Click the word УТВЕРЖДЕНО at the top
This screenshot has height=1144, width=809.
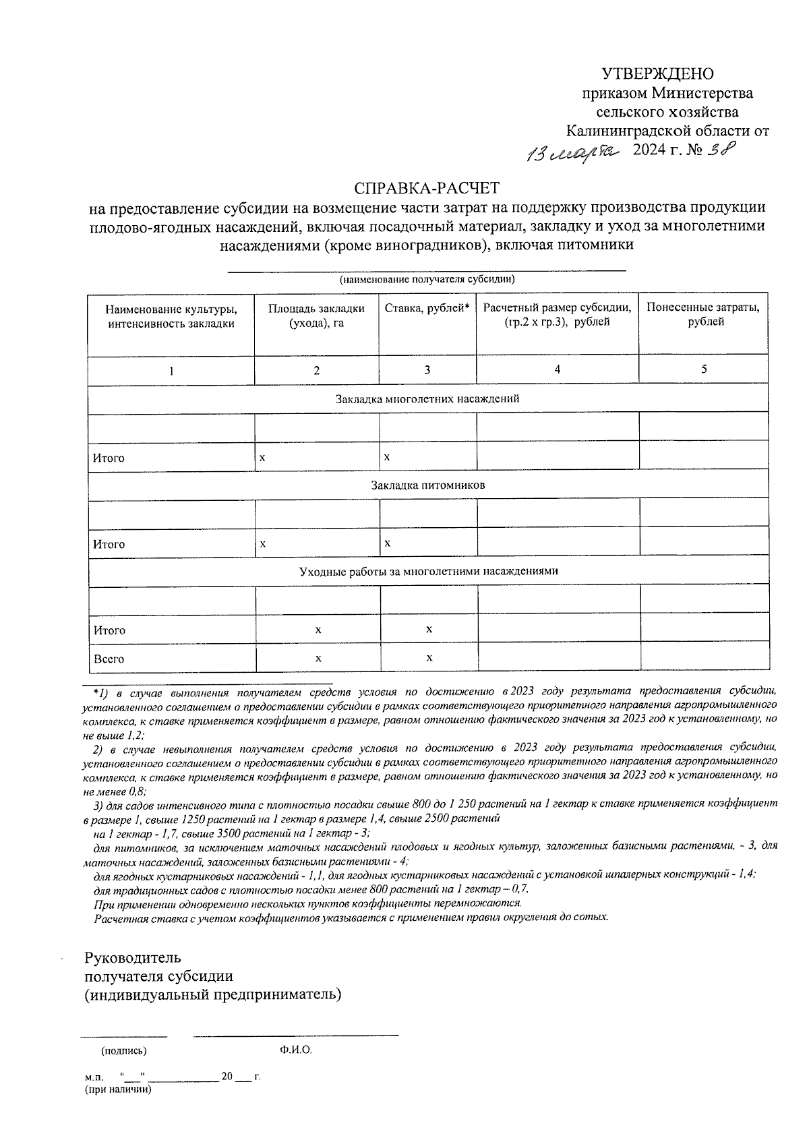point(657,73)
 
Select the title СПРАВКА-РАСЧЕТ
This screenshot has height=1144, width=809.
point(428,187)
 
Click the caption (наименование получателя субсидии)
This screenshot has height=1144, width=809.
point(427,279)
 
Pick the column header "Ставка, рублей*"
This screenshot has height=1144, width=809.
point(427,308)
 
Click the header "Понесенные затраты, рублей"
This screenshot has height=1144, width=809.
point(703,315)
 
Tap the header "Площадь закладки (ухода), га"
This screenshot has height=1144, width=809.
point(316,315)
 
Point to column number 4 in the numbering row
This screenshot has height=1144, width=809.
point(557,369)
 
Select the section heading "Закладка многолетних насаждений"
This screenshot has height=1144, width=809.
point(427,398)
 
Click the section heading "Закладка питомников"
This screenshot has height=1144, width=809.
point(427,485)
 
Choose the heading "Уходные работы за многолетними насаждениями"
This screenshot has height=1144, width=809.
point(428,571)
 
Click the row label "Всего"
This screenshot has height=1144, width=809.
point(109,659)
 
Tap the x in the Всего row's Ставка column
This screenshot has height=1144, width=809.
point(429,657)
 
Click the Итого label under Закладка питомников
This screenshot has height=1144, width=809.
point(109,544)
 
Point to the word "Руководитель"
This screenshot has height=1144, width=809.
point(132,957)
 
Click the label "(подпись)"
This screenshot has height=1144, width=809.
point(123,1050)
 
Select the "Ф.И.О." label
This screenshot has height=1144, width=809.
point(295,1050)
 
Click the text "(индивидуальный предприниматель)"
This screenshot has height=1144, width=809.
point(212,994)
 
